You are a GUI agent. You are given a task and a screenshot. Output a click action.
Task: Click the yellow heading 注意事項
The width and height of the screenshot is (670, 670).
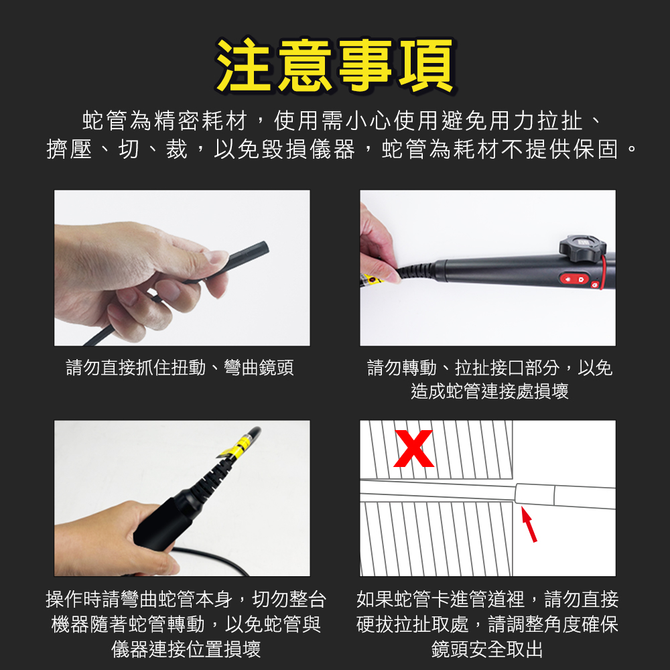[x=336, y=66]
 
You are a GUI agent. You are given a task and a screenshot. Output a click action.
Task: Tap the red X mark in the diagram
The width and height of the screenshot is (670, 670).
[x=413, y=448]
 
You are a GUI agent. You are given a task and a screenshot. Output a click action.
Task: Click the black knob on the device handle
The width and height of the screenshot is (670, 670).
[x=582, y=249]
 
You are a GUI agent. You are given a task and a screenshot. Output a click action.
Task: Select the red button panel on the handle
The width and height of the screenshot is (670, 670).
[x=575, y=279]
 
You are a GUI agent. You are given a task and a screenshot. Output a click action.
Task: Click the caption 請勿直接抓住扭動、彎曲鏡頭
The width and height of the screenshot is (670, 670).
[x=180, y=367]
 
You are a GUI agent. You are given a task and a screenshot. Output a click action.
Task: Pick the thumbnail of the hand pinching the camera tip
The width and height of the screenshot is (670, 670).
[x=182, y=268]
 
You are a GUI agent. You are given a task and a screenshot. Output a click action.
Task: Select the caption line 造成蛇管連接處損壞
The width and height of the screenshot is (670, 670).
[x=490, y=391]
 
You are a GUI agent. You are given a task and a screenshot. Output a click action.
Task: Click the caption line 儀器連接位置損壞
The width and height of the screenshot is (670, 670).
[x=186, y=649]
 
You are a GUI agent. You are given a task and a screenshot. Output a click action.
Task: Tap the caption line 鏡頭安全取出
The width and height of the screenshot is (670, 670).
[x=487, y=649]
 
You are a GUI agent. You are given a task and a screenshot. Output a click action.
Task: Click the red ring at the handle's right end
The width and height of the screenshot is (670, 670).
[x=603, y=272]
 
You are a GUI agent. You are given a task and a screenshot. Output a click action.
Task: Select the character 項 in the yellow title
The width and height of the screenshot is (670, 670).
[x=426, y=66]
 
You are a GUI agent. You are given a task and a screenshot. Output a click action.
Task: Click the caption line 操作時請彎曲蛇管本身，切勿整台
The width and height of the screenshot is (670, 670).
[x=186, y=599]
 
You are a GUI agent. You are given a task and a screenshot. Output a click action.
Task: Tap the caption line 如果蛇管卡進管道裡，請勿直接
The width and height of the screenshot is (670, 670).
[x=488, y=599]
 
